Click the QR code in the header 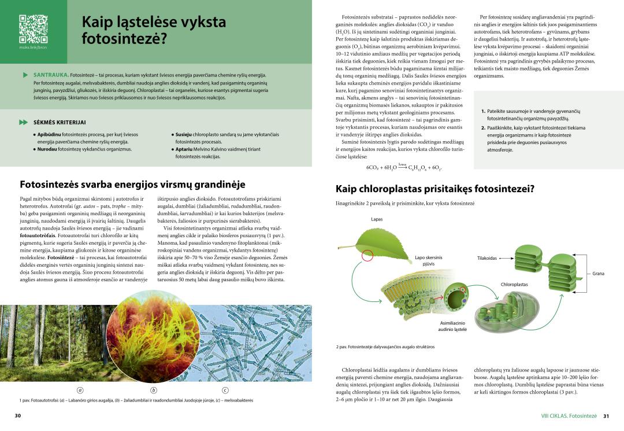click(x=34, y=29)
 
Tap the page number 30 click(x=18, y=415)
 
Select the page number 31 click(x=606, y=415)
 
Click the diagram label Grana click(x=598, y=274)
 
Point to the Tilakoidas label click(x=487, y=258)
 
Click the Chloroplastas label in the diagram click(x=514, y=285)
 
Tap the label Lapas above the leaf click(x=377, y=220)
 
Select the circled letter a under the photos click(x=80, y=389)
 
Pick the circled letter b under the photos click(x=154, y=389)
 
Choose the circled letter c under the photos click(x=225, y=389)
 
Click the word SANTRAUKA click(x=51, y=75)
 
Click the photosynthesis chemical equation click(x=404, y=167)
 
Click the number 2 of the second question click(x=483, y=128)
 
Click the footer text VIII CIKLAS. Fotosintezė click(x=569, y=415)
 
